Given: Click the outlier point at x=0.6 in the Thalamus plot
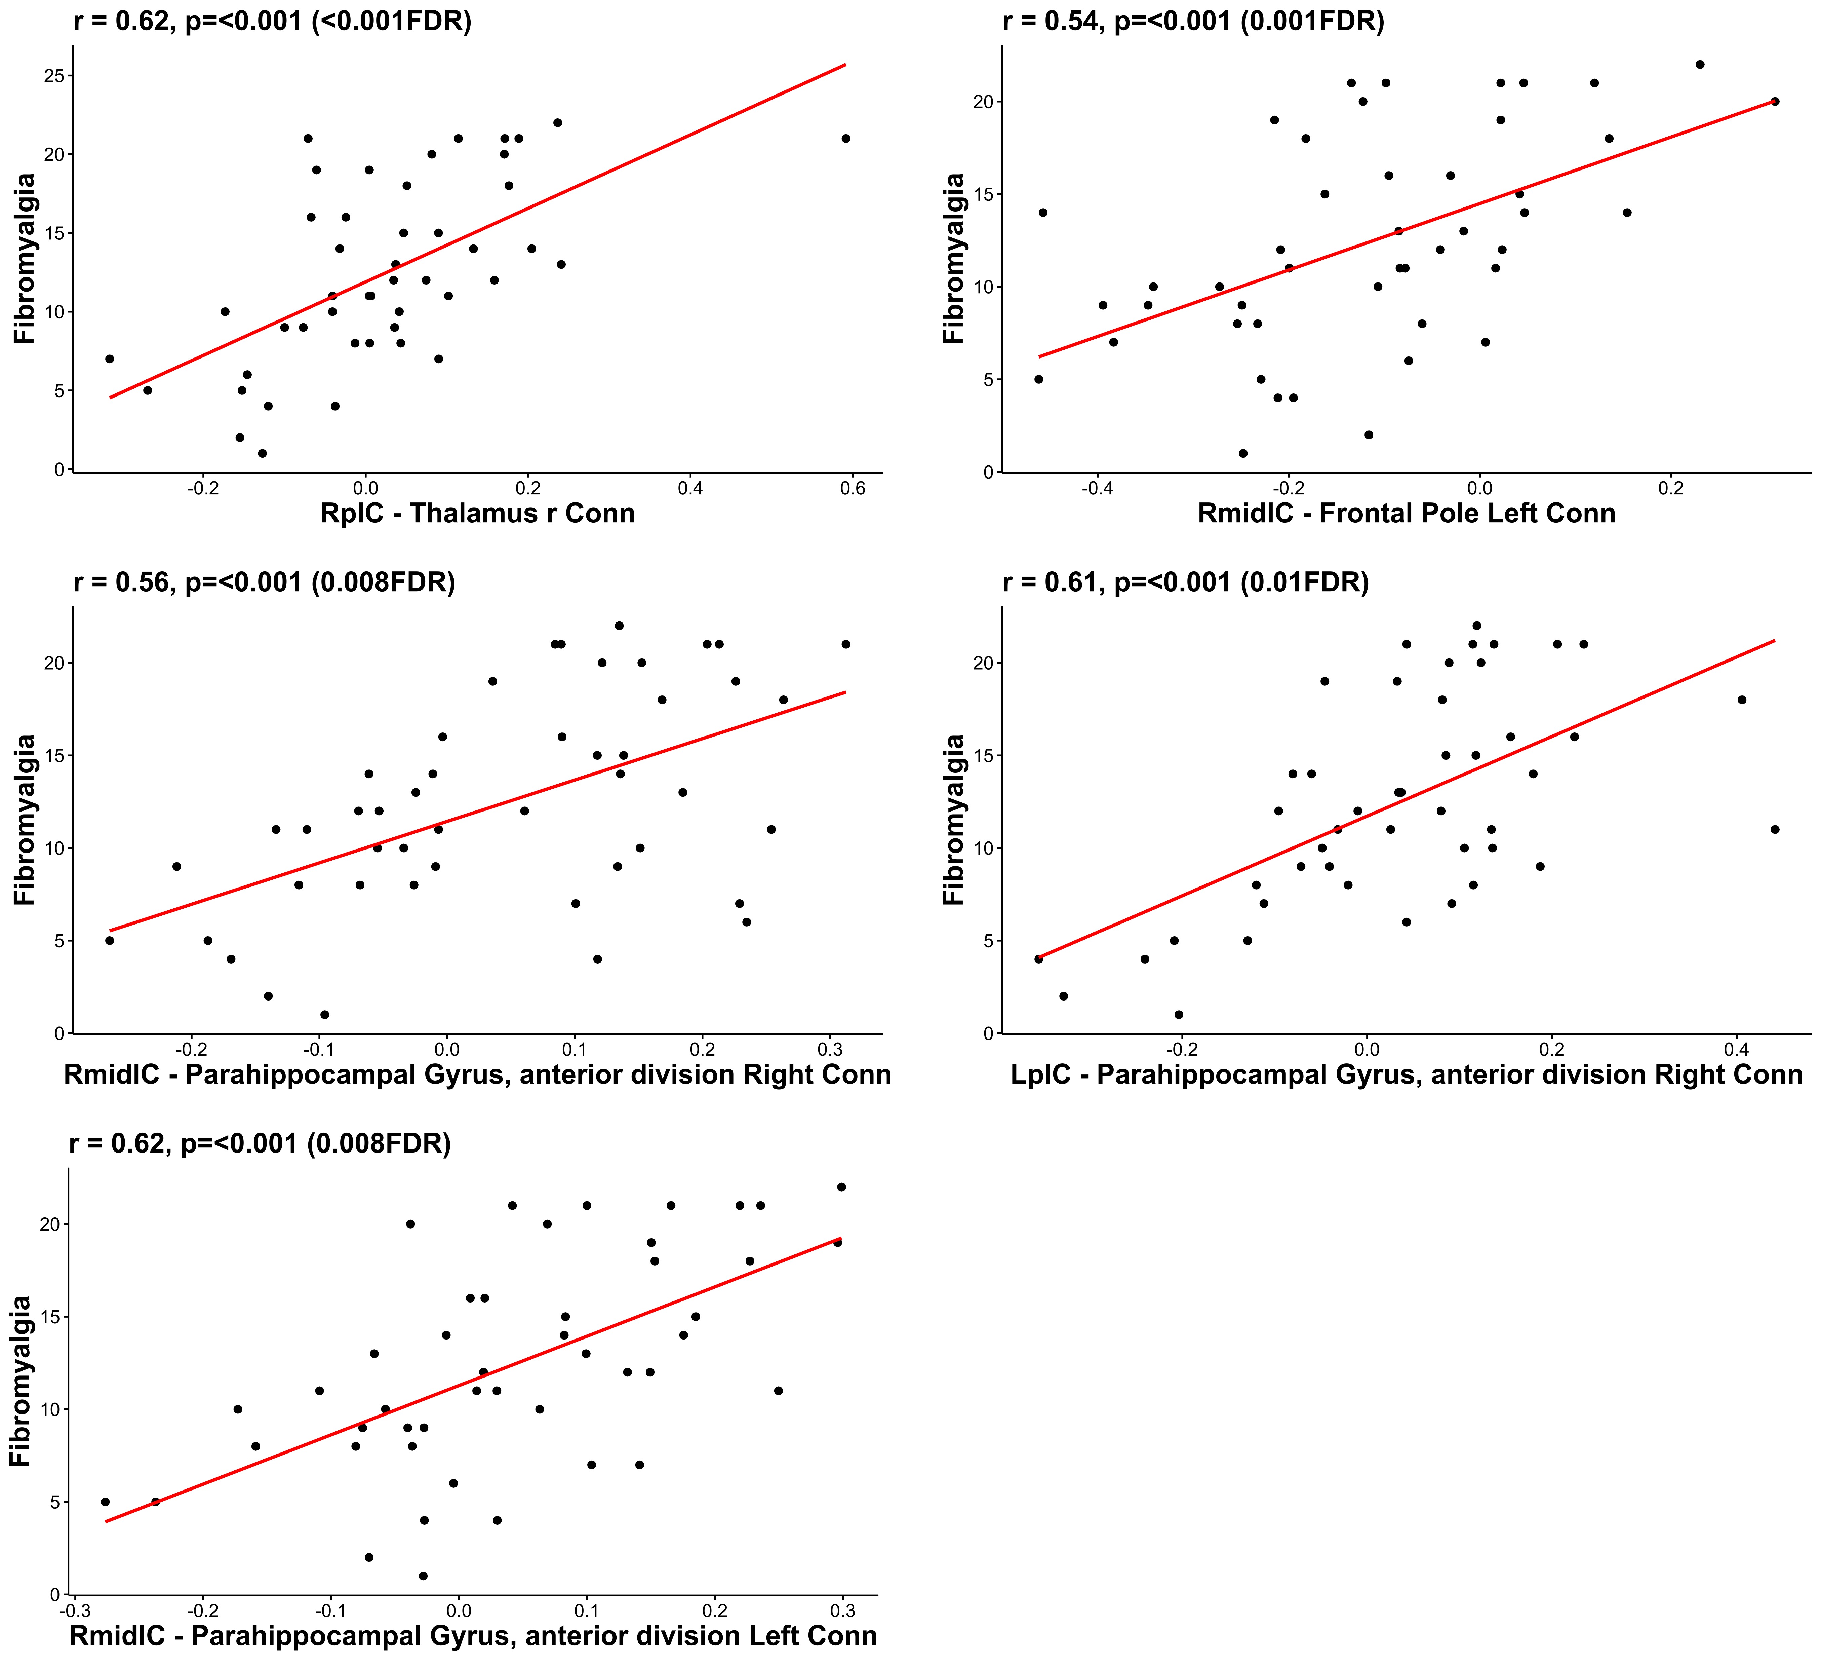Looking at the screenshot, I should pyautogui.click(x=845, y=138).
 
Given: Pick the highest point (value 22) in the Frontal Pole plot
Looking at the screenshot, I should pyautogui.click(x=1699, y=64).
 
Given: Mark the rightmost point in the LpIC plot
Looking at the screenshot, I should pyautogui.click(x=1774, y=829).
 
